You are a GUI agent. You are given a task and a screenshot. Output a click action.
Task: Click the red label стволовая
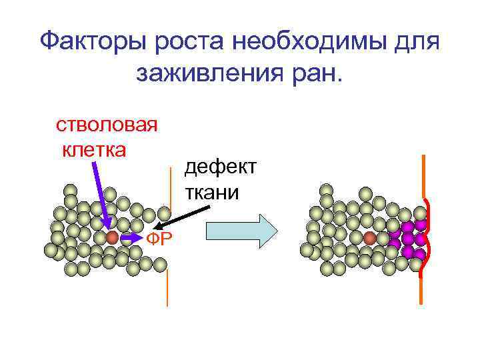[107, 125]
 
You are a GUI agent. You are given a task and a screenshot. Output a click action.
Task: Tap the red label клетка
[93, 149]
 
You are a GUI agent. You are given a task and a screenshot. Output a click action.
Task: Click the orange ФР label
[161, 239]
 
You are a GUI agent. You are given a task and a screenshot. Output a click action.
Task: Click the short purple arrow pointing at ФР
[133, 237]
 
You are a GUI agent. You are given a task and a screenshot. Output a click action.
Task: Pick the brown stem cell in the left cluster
[112, 237]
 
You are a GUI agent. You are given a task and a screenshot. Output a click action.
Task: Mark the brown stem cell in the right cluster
[371, 237]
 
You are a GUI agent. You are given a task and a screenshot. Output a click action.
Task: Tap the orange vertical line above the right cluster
[423, 177]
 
